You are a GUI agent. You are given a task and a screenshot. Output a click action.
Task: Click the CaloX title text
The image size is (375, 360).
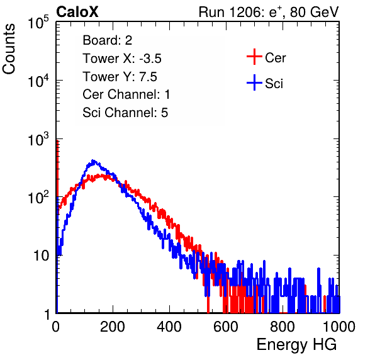coord(77,12)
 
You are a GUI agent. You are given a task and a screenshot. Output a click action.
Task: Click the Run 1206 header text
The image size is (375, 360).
coord(269,12)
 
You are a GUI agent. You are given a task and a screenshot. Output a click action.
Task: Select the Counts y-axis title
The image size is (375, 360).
coord(9,49)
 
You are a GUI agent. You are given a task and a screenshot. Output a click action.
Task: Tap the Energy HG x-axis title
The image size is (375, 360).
coord(296,344)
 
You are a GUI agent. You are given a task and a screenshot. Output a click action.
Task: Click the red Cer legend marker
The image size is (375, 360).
coord(254,57)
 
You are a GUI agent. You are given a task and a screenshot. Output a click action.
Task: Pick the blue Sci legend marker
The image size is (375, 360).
coord(254,82)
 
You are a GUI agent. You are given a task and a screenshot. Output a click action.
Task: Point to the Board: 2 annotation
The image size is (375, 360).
coord(107,40)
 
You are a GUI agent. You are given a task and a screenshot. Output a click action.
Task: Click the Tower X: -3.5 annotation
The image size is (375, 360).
coord(122,59)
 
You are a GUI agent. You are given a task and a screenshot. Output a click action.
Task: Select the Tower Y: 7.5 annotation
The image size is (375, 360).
coord(120,77)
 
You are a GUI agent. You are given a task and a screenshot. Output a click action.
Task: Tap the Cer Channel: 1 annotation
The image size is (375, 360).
coord(126,94)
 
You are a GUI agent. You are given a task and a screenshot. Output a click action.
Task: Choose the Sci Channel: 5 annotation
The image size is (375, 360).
coord(125,113)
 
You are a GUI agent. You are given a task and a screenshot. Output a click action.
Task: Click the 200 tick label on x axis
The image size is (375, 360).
coord(113,327)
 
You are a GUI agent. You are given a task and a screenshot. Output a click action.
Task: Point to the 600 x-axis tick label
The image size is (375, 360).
coord(226,327)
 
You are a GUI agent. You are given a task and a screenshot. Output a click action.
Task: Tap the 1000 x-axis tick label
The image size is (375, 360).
coord(339,327)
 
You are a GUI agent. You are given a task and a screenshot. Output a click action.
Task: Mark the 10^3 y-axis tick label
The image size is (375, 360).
coord(38,139)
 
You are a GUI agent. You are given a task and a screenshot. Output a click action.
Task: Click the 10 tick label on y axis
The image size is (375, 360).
coord(41,256)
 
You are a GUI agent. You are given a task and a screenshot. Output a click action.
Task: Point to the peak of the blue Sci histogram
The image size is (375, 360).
coord(93,160)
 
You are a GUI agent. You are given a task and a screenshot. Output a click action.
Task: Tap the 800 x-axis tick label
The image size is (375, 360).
coord(283,327)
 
